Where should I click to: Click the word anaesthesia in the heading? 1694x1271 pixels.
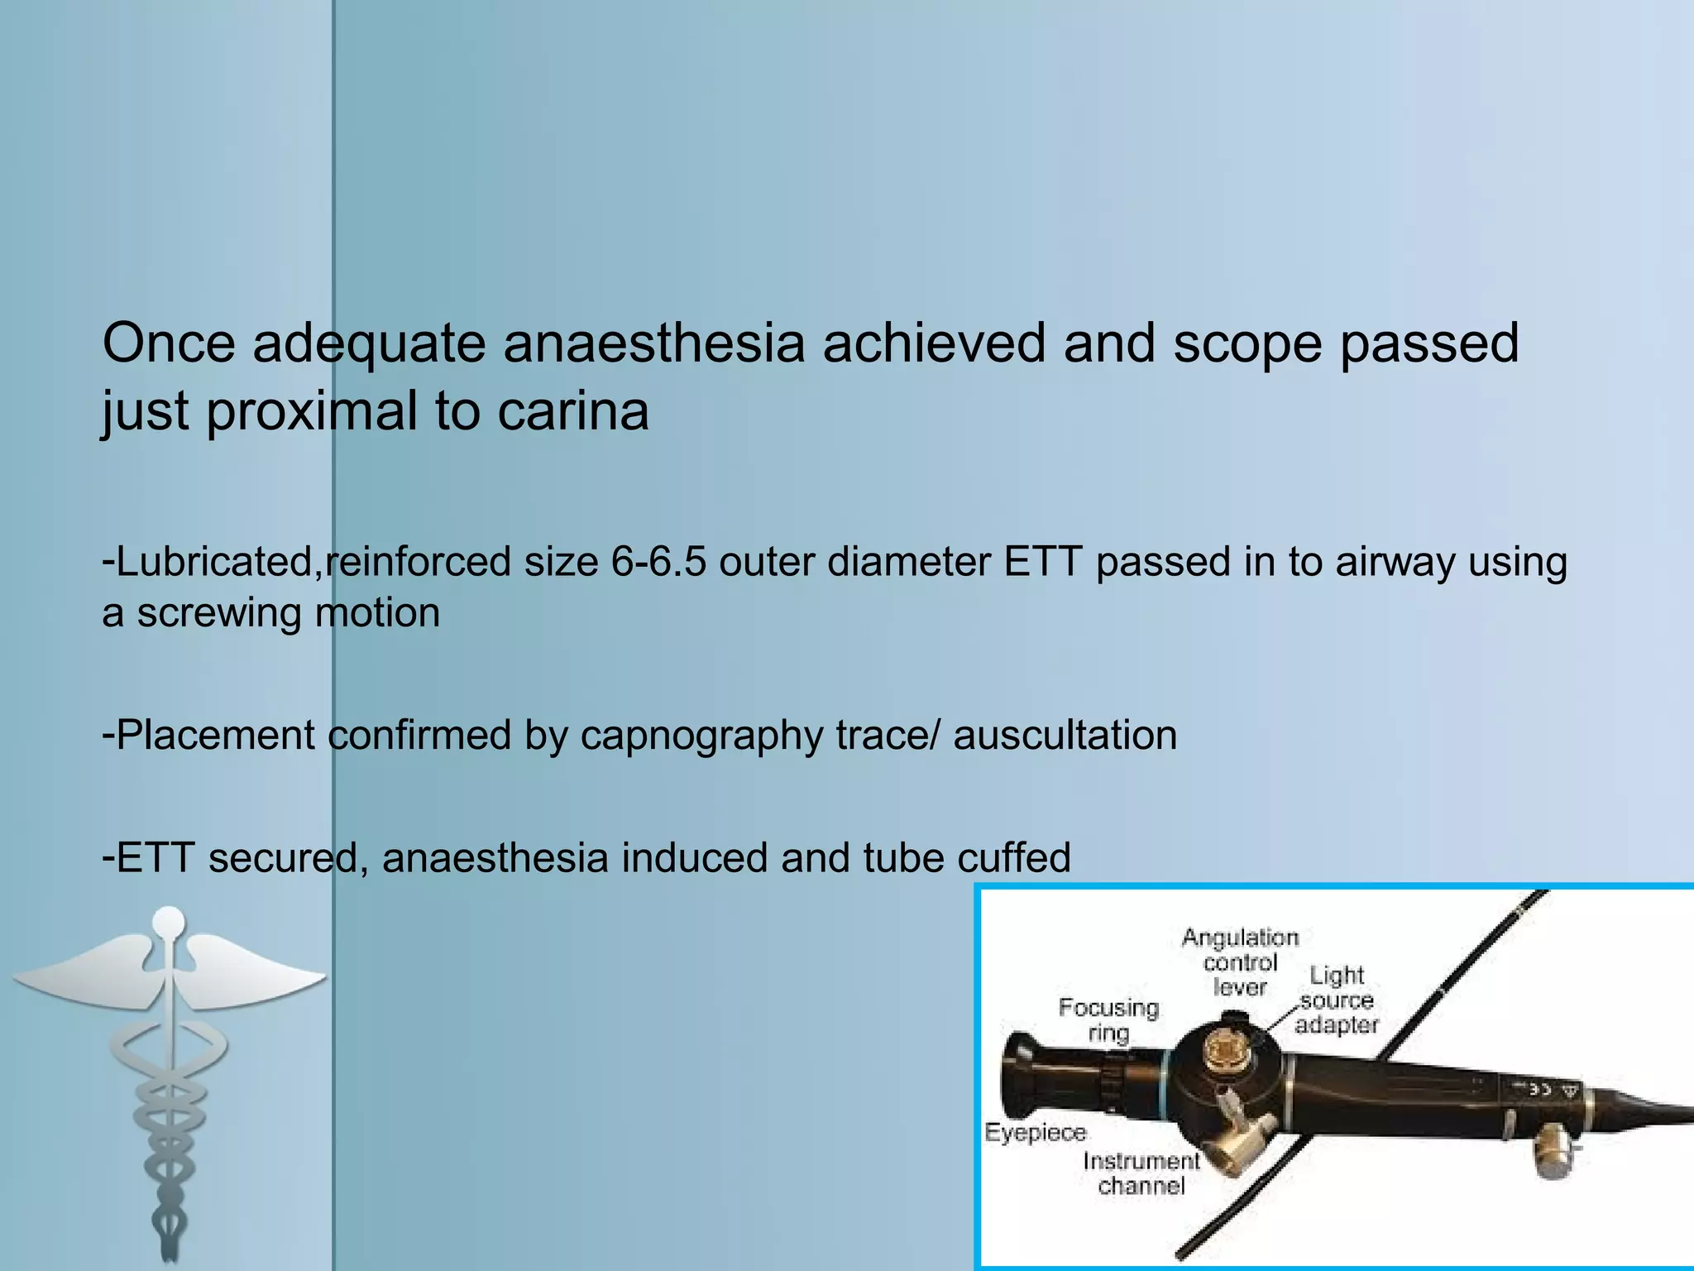coord(653,343)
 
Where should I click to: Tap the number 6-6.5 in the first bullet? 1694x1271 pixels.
coord(658,562)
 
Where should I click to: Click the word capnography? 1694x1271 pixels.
coord(701,735)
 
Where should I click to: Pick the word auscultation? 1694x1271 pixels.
coord(1065,735)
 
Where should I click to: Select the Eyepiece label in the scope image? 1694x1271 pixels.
coord(1035,1132)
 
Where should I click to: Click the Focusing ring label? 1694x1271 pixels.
coord(1108,1019)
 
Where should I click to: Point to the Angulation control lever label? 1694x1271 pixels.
coord(1240,962)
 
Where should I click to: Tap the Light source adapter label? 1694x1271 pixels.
coord(1336,1000)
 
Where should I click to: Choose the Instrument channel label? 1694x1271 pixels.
coord(1141,1173)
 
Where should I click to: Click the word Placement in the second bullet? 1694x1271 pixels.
coord(215,735)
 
